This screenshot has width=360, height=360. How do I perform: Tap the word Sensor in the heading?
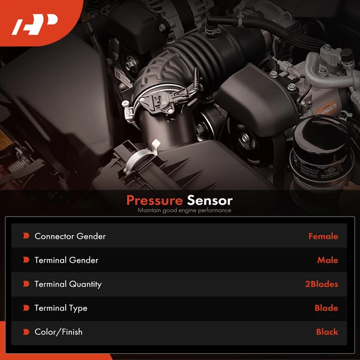(209, 200)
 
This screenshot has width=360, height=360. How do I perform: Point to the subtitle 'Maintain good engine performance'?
(184, 211)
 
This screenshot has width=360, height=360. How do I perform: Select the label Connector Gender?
(70, 236)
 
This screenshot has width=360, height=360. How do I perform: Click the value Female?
(323, 236)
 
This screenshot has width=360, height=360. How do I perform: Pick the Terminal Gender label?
(66, 260)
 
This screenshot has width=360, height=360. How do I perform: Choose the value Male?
(328, 260)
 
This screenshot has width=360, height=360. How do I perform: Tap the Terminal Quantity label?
(68, 284)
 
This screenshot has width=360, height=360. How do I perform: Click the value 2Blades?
(321, 284)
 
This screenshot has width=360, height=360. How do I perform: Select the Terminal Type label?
(61, 308)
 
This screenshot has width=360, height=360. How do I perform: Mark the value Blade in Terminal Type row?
(326, 308)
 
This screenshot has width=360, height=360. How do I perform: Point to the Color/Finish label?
(58, 332)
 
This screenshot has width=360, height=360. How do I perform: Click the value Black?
(327, 332)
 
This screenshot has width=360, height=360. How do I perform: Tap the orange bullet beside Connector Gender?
(26, 236)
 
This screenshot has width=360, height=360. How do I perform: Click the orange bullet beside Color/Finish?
(26, 332)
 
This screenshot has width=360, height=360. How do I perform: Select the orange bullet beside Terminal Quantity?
(26, 284)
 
